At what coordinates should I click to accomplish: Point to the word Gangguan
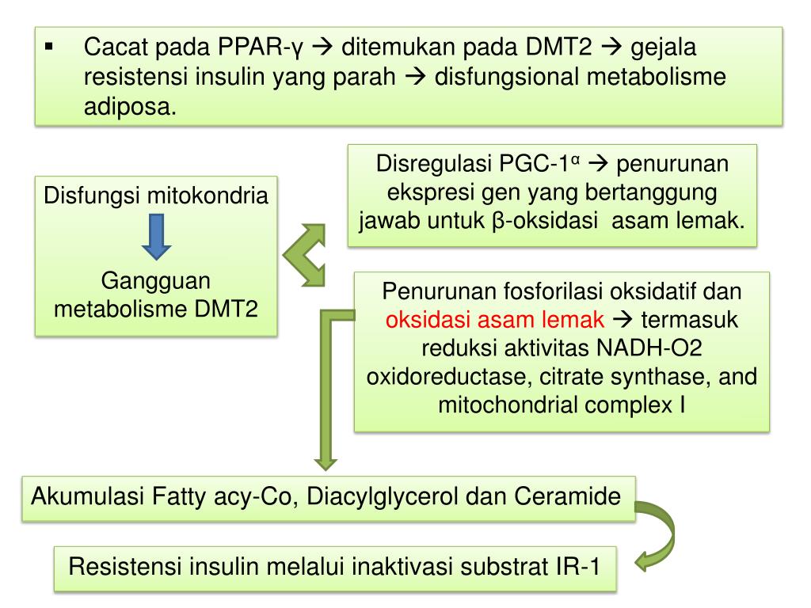click(x=156, y=281)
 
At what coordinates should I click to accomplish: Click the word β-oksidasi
click(x=538, y=221)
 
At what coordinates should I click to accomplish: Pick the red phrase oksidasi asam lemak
click(x=496, y=319)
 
